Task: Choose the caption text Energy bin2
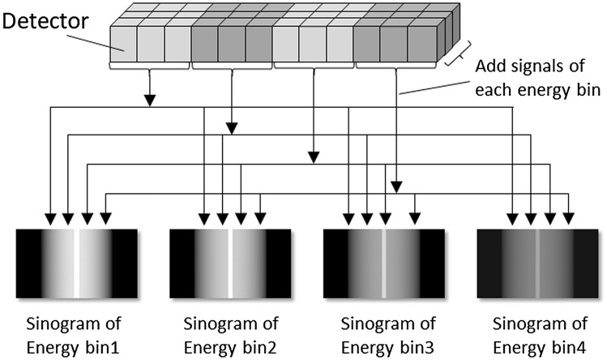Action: (230, 345)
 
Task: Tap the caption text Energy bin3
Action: (384, 345)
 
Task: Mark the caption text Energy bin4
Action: (537, 345)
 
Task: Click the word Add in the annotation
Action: (489, 66)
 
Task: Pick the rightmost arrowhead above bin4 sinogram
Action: (569, 218)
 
